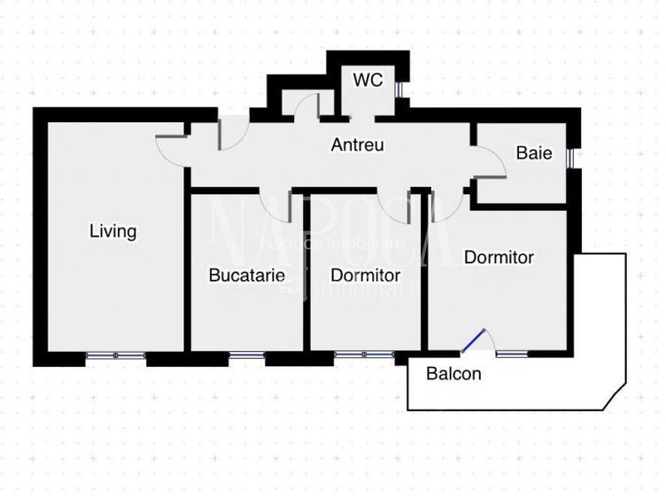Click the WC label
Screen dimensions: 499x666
[x=368, y=80]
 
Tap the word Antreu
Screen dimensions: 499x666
[x=357, y=144]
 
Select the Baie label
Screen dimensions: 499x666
[x=534, y=153]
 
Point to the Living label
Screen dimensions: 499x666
[x=113, y=231]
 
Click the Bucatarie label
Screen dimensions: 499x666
[x=247, y=276]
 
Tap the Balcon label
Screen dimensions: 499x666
[x=453, y=373]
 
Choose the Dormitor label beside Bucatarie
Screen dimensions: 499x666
[x=365, y=276]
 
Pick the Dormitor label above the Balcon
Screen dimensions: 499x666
[x=499, y=257]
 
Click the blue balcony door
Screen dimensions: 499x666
[x=476, y=341]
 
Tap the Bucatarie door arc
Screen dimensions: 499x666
[x=276, y=206]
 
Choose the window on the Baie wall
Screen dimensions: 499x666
[x=573, y=157]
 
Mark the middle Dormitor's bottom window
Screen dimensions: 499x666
[x=364, y=355]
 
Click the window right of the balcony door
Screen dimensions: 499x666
[x=511, y=354]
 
